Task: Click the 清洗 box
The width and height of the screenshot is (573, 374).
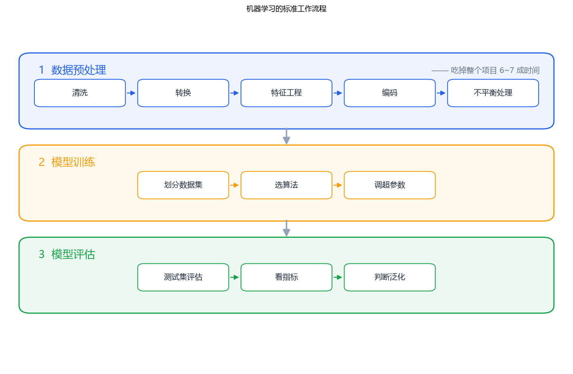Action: click(80, 93)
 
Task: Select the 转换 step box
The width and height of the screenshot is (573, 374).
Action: click(183, 93)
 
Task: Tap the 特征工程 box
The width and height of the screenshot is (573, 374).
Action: click(286, 93)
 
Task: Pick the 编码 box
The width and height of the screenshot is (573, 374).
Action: click(389, 93)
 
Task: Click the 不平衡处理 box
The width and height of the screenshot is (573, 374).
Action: click(493, 93)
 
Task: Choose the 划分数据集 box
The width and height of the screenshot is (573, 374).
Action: click(183, 185)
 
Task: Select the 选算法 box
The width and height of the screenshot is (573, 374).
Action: click(286, 185)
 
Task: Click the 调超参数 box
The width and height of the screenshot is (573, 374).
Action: click(389, 185)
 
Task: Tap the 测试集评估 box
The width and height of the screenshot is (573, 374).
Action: click(183, 277)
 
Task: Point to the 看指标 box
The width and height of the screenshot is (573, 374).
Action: click(286, 277)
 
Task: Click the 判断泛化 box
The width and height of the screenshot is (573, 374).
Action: click(389, 277)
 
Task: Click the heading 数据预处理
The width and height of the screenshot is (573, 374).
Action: click(78, 70)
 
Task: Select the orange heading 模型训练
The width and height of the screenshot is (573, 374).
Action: click(73, 162)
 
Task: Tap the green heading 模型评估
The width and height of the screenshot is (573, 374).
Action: click(73, 254)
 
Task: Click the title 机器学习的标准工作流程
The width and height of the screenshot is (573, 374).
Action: click(286, 9)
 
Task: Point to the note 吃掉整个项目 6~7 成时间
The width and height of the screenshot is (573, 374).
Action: click(495, 70)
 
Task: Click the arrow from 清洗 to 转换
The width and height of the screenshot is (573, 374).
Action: click(131, 93)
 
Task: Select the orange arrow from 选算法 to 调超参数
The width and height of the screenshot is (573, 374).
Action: click(338, 185)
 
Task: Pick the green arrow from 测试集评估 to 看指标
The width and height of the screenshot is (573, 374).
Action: click(235, 278)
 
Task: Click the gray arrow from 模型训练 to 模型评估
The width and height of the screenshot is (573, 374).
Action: click(286, 228)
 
